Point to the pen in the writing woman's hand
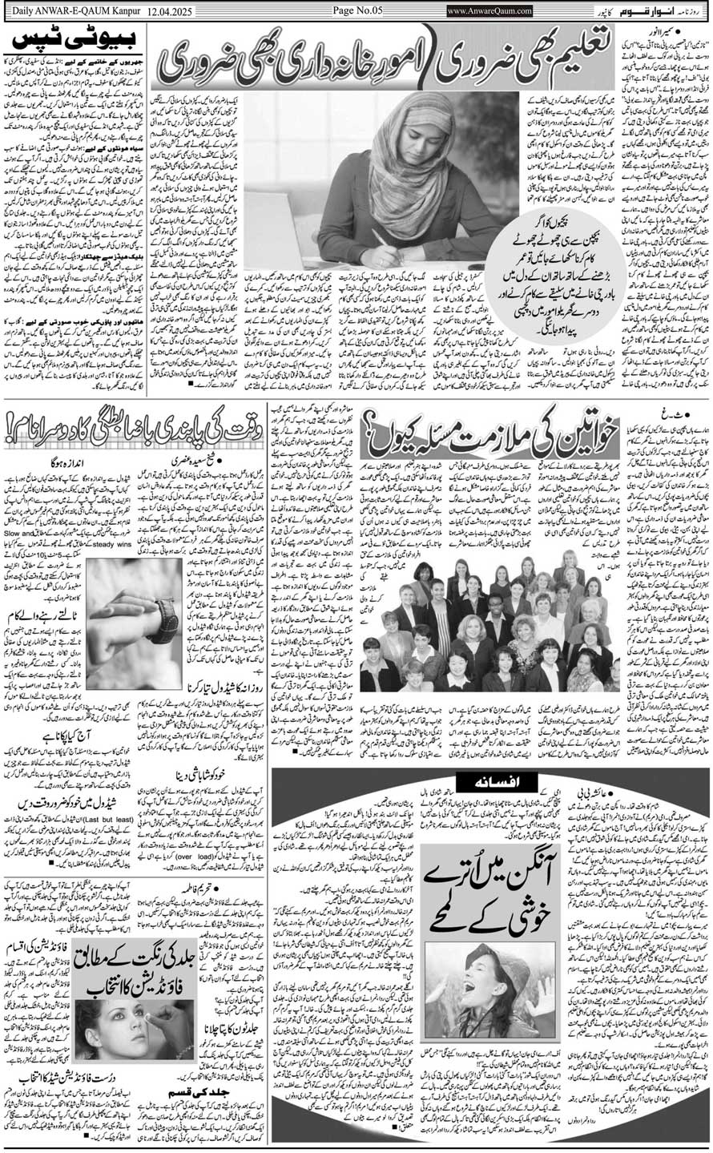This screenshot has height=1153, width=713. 377,238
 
